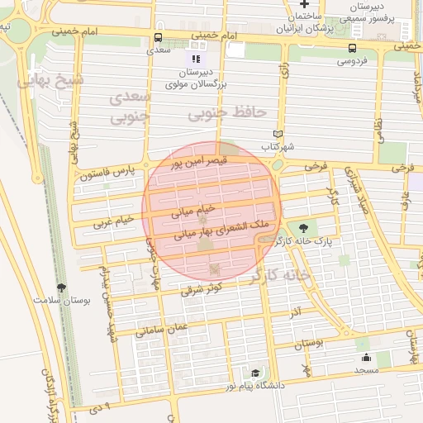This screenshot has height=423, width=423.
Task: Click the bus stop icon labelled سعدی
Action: tap(158, 37)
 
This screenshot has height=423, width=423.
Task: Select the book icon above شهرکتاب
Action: tap(278, 134)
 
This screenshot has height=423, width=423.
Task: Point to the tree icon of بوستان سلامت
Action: tap(60, 287)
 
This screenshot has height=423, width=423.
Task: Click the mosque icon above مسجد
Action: tap(366, 358)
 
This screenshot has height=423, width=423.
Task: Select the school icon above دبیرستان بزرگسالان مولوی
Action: tap(196, 59)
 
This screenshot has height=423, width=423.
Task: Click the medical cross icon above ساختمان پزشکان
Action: tap(303, 5)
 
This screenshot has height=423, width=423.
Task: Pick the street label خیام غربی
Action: tap(112, 221)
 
